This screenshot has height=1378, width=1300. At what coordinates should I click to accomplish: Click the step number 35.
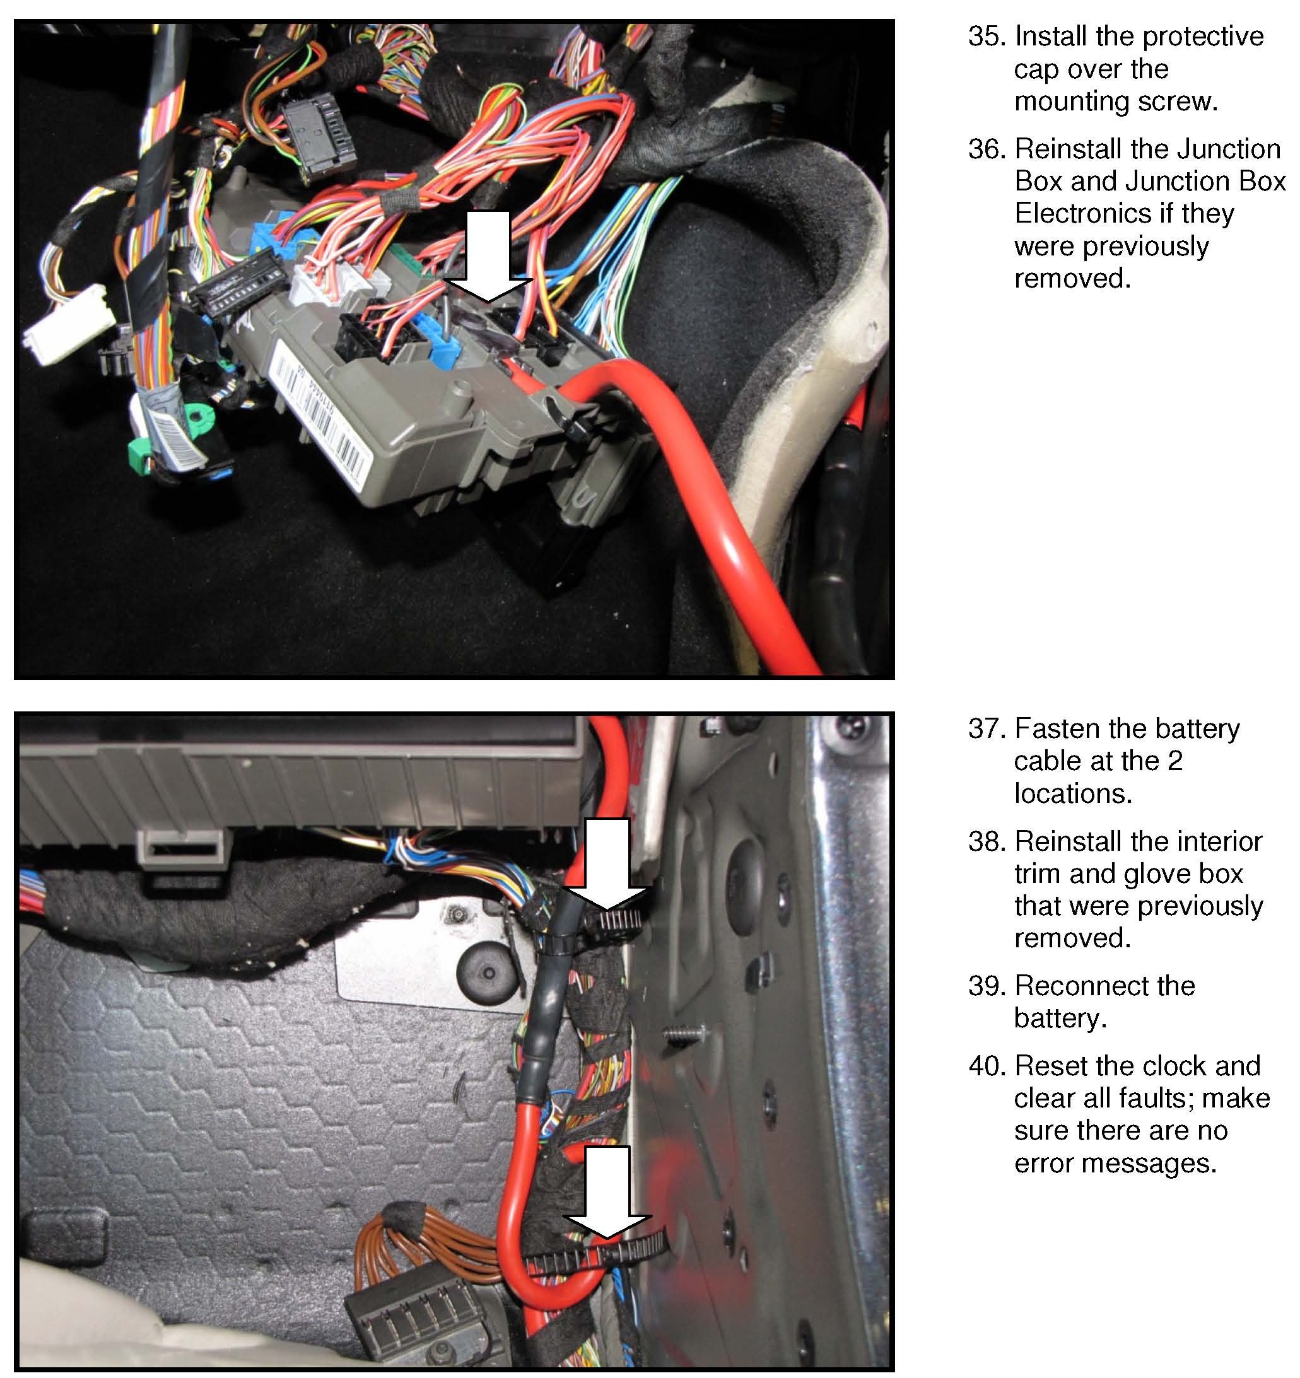[x=985, y=36]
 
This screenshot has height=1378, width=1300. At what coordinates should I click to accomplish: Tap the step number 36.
[x=985, y=149]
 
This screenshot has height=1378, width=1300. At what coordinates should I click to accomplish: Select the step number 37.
[x=985, y=728]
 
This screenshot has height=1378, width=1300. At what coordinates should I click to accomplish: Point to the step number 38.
[x=985, y=841]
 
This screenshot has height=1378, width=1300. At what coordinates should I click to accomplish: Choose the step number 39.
[x=985, y=986]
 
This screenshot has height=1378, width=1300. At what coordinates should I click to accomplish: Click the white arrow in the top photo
[x=488, y=257]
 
